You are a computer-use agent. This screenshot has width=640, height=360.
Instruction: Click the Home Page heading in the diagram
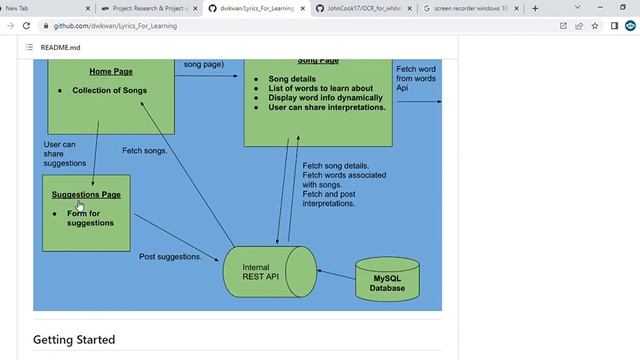pos(110,72)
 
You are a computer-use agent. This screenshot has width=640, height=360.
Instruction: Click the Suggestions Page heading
pos(86,194)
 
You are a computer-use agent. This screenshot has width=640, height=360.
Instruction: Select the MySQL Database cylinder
pos(389,282)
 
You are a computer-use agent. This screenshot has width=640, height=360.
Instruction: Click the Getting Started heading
pos(74,339)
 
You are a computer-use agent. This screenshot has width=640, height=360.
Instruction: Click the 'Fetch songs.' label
pos(144,151)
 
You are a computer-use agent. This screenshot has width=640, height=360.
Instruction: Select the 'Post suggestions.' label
pos(170,257)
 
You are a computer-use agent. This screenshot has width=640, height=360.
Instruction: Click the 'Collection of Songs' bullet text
pos(110,90)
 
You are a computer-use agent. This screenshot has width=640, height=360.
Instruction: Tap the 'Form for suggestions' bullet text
pos(90,218)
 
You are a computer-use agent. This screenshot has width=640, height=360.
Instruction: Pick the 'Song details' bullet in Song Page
pos(291,78)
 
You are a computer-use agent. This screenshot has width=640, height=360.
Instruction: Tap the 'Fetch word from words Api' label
pos(416,78)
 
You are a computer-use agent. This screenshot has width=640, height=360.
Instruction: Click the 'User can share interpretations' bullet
pos(327,107)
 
